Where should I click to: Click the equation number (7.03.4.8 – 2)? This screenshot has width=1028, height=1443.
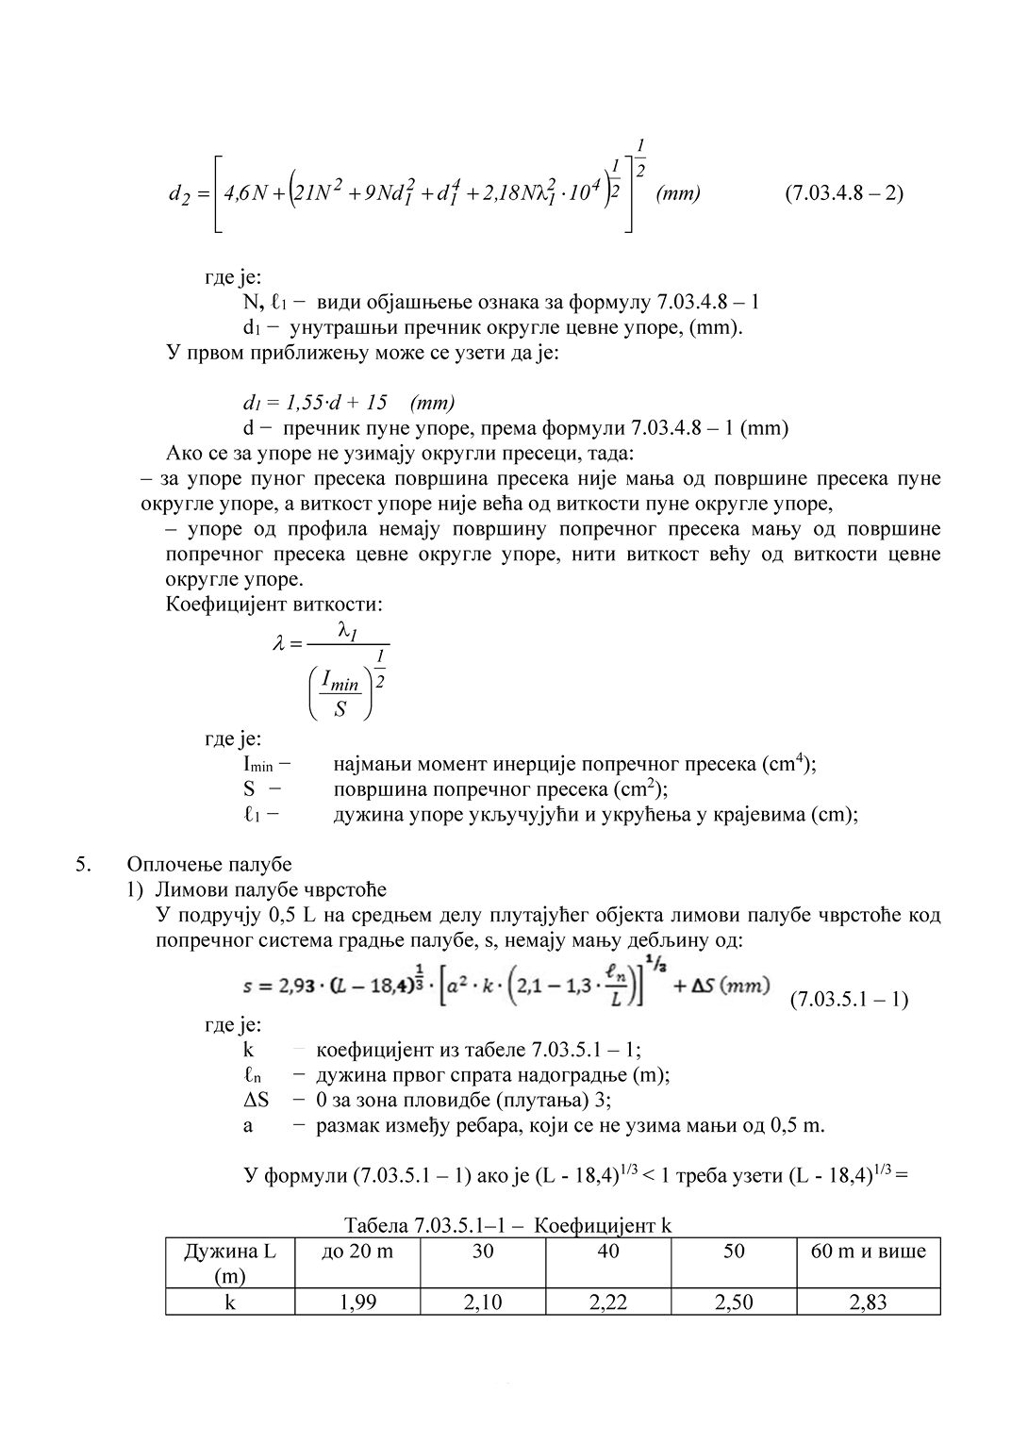843,193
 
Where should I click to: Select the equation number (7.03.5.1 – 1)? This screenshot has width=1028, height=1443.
848,999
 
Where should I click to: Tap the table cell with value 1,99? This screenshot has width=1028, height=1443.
357,1302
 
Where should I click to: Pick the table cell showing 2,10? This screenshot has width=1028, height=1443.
483,1302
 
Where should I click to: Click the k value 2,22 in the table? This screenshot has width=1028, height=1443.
608,1302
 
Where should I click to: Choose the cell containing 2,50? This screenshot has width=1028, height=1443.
734,1302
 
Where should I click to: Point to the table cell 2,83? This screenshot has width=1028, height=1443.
868,1302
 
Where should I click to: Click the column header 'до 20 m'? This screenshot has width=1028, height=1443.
357,1252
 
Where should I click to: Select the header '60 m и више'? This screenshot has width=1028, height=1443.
868,1252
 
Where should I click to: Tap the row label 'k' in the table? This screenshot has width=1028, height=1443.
230,1302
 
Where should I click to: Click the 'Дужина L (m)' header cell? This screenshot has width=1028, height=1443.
230,1263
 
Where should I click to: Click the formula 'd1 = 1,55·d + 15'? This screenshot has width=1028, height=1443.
315,403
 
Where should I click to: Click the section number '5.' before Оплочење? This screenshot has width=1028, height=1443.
84,864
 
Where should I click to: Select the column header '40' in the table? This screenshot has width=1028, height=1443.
608,1252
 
